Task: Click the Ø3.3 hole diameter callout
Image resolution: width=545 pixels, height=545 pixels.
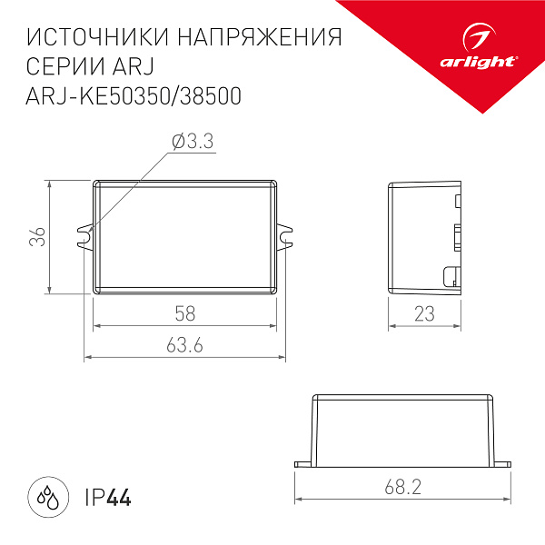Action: (192, 142)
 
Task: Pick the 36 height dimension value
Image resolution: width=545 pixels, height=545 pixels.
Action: (36, 236)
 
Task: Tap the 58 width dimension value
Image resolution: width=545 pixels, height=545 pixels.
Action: (185, 313)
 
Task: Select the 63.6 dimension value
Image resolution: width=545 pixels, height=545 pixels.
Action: (185, 346)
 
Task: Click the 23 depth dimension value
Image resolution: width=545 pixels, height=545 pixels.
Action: (426, 313)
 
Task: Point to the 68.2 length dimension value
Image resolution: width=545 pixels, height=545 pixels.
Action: (402, 488)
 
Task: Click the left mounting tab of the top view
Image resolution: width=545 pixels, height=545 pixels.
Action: (86, 237)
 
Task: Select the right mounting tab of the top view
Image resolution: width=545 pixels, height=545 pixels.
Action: (285, 237)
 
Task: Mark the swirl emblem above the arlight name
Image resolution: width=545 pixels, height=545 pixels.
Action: (481, 39)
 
